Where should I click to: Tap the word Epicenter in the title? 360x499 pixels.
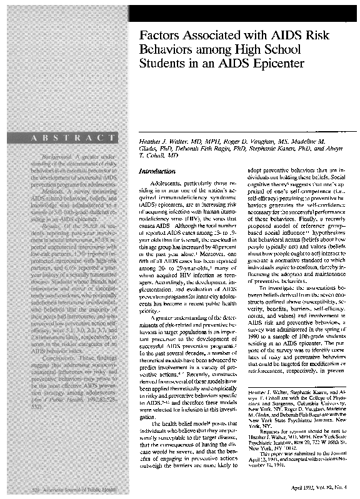click(276, 64)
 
